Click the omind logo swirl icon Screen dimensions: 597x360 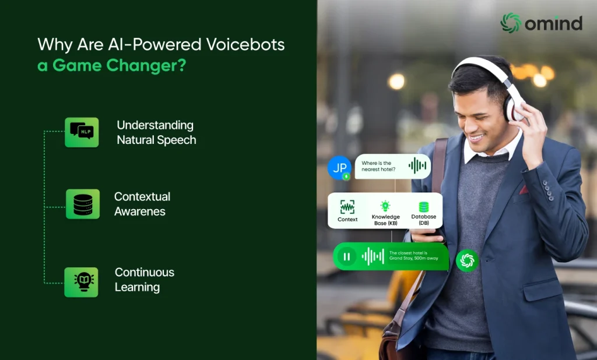511,23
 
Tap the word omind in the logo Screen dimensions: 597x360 554,23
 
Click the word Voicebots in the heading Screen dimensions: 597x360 245,44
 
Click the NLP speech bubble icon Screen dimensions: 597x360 82,132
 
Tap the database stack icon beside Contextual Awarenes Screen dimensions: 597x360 83,204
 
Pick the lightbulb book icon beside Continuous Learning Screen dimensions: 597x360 81,282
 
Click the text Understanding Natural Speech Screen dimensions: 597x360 156,132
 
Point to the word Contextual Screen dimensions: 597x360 142,196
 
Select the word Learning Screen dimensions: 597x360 138,287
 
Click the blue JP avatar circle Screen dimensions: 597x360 339,167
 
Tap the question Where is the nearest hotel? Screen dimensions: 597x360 378,166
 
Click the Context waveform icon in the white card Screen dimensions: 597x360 347,207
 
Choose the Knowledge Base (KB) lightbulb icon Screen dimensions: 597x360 385,206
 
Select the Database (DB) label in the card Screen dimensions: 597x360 424,220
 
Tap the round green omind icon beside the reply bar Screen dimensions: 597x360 467,260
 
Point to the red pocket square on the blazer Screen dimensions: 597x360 524,189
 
